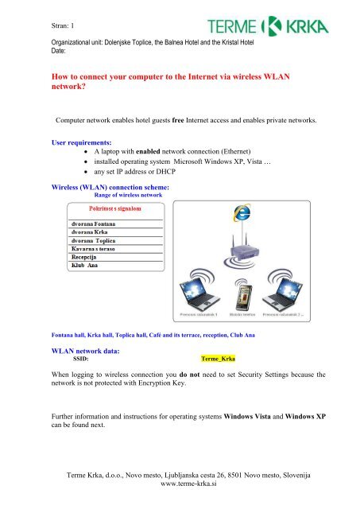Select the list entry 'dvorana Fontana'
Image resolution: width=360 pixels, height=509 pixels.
94,225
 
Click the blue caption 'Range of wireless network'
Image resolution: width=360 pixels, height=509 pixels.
117,194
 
